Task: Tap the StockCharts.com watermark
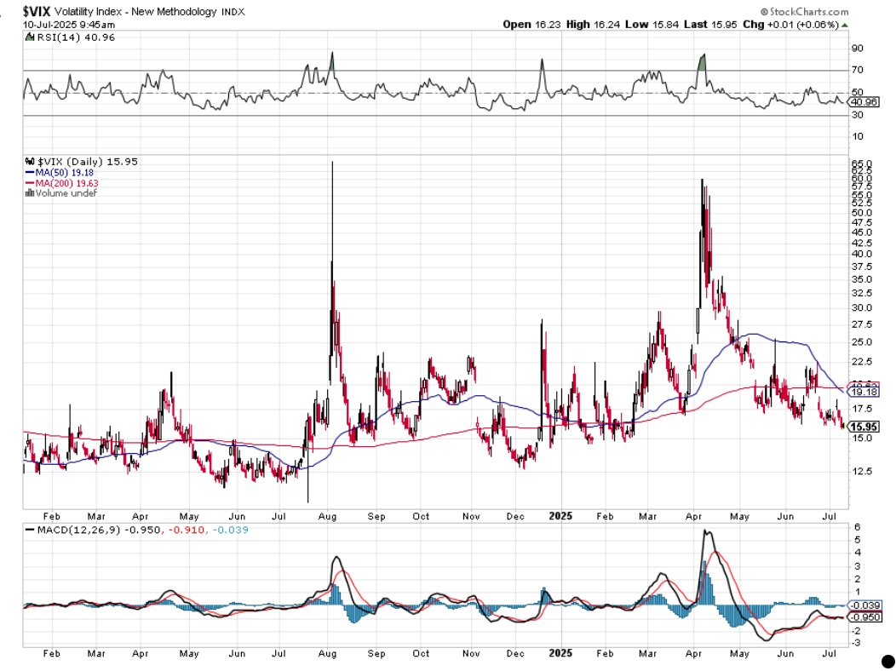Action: tap(806, 12)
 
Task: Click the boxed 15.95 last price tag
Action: tap(864, 427)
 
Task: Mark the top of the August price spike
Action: tap(330, 161)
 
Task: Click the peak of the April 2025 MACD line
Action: tap(705, 531)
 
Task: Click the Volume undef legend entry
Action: tap(62, 193)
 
